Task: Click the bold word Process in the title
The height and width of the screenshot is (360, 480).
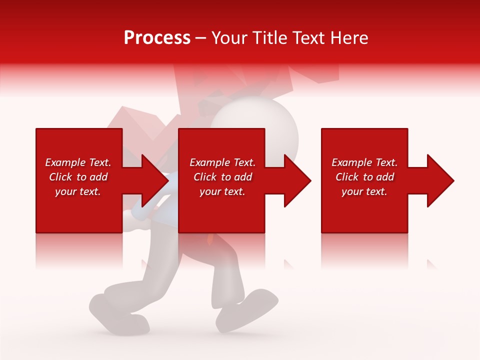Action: click(157, 38)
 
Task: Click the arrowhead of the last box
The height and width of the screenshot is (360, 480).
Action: click(440, 180)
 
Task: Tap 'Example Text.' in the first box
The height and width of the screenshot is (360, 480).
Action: click(78, 162)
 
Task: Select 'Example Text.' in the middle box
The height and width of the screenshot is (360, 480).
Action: click(222, 162)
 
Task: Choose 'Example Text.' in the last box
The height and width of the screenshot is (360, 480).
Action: click(364, 162)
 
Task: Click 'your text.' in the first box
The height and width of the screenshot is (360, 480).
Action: click(78, 191)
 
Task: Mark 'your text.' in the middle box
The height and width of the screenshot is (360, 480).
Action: click(222, 191)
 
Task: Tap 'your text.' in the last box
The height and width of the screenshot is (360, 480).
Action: click(364, 191)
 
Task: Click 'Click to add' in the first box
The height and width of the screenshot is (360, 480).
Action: click(78, 177)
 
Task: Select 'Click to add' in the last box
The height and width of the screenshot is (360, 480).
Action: click(364, 177)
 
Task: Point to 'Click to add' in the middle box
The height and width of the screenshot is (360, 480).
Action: click(222, 177)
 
